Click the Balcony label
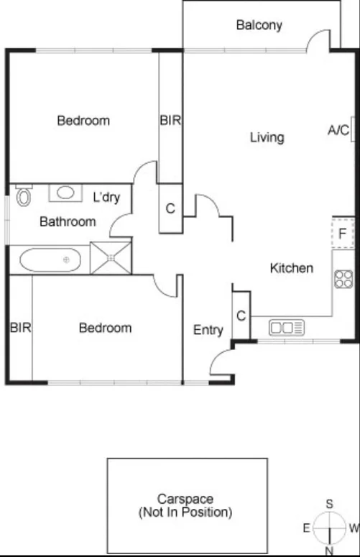[259, 25]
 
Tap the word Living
[267, 137]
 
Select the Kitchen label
[291, 268]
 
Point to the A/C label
[338, 130]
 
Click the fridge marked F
[343, 233]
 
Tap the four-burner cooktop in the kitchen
[343, 279]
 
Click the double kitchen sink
[287, 328]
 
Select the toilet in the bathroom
[24, 195]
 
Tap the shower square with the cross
[111, 258]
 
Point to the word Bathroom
[68, 221]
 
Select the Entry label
[208, 330]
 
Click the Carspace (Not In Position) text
[185, 506]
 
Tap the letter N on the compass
[329, 551]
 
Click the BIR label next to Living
[170, 120]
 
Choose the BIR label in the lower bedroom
[20, 328]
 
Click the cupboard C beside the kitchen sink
[241, 315]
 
